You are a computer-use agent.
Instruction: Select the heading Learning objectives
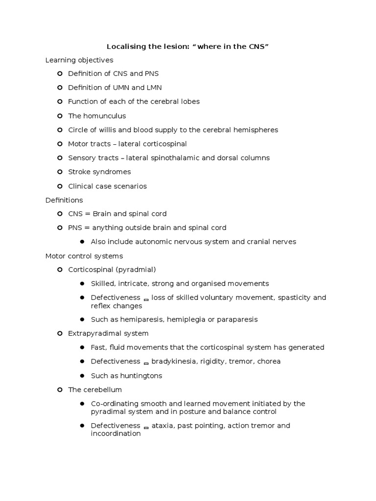(x=79, y=60)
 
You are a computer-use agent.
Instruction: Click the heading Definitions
(x=64, y=200)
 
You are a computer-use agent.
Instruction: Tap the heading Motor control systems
(x=84, y=256)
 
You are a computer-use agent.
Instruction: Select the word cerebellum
(x=102, y=390)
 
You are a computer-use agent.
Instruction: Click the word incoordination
(x=116, y=434)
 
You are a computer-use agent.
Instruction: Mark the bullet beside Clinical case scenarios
(x=60, y=186)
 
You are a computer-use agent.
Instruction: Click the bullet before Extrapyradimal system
(x=60, y=333)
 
